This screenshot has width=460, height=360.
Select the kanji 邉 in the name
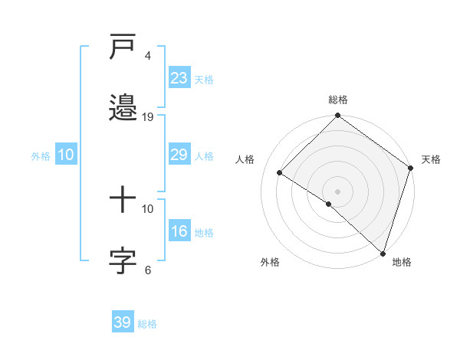[123, 107]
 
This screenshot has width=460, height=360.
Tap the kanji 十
[123, 200]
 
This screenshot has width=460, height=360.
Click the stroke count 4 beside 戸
[148, 56]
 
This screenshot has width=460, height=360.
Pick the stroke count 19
[149, 117]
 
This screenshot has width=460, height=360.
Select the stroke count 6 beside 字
[148, 270]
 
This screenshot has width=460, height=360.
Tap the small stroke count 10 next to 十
[149, 208]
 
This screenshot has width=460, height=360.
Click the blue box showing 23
[179, 78]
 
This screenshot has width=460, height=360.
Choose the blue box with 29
[179, 155]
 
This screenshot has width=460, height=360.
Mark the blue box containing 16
[179, 231]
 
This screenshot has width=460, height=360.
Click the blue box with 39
[122, 322]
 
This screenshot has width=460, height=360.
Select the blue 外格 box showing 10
[65, 155]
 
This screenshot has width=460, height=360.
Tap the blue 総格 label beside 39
[147, 324]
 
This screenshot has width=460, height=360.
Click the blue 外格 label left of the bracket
[41, 156]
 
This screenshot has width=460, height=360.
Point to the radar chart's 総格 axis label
[337, 100]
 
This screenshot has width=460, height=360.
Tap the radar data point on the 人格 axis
[280, 173]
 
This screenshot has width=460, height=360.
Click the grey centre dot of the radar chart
[337, 191]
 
